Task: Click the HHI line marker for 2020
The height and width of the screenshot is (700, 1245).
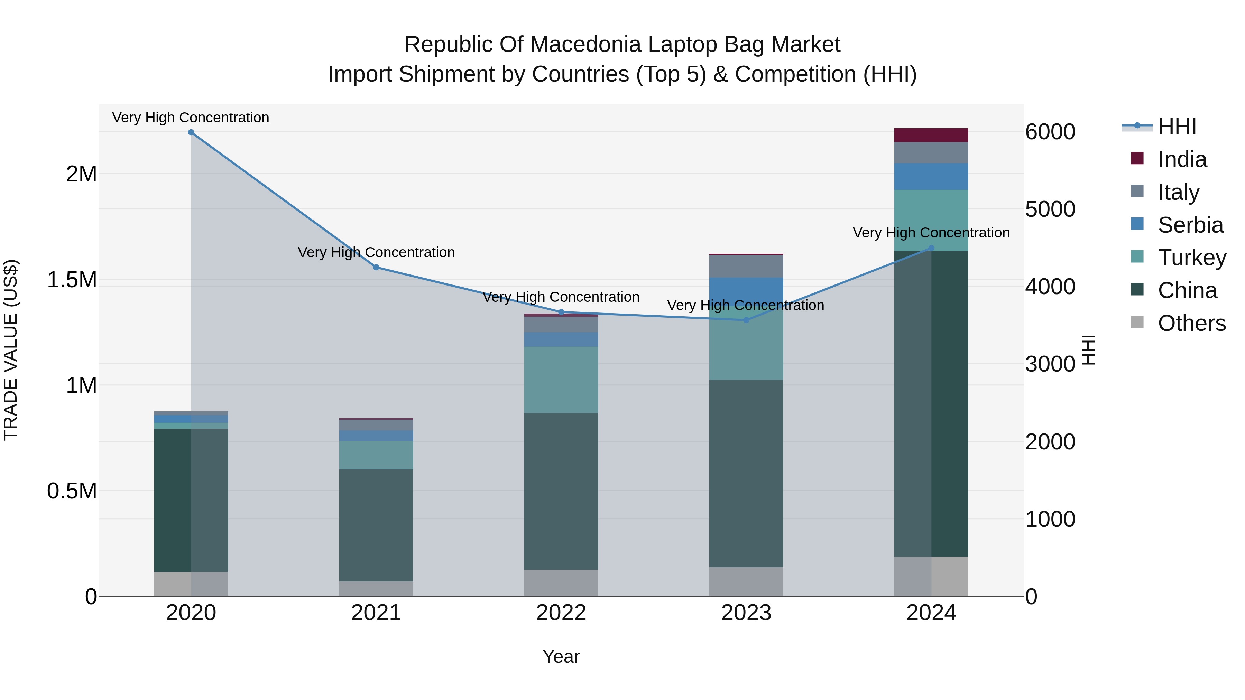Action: click(191, 132)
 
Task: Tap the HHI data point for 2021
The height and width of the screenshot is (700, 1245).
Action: click(376, 267)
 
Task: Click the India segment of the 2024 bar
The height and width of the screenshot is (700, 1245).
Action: click(931, 135)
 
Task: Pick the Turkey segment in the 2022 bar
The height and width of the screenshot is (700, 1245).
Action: click(561, 380)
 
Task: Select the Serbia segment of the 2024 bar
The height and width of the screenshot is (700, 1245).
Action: click(931, 176)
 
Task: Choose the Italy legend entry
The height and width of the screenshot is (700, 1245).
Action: click(1178, 192)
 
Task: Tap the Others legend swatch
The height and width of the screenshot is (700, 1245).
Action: click(1137, 322)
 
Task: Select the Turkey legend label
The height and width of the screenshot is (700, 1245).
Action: click(1192, 258)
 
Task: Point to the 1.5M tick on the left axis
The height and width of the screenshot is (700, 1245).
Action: click(72, 280)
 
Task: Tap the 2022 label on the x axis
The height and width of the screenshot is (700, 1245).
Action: click(561, 613)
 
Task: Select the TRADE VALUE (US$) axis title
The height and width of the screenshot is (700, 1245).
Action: click(11, 350)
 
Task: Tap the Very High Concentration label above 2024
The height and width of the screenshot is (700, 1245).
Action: click(931, 233)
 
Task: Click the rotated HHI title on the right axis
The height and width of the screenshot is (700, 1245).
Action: click(1088, 350)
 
